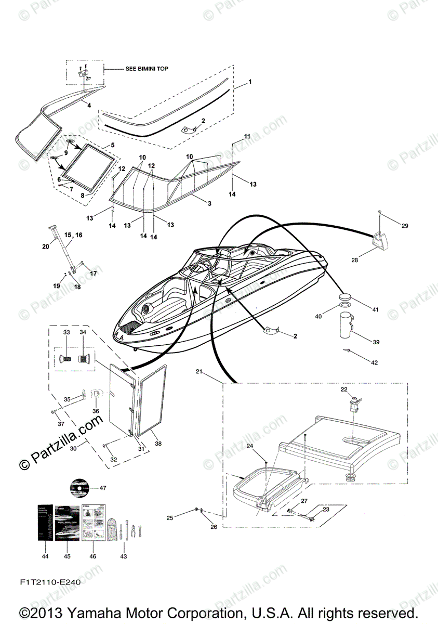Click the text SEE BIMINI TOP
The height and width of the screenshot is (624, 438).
[x=147, y=69]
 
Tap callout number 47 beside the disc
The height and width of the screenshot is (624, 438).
[x=102, y=488]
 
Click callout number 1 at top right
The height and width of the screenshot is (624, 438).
[x=249, y=82]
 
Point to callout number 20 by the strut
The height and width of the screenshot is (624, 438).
[x=45, y=246]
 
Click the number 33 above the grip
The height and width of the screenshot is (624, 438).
[x=66, y=332]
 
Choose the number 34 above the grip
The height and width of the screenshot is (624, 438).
[x=83, y=332]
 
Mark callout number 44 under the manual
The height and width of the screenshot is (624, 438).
[x=45, y=556]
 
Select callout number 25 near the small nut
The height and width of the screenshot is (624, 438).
[x=169, y=518]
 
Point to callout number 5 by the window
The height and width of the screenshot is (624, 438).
[x=113, y=145]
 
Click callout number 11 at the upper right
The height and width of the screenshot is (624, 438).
[x=247, y=136]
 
